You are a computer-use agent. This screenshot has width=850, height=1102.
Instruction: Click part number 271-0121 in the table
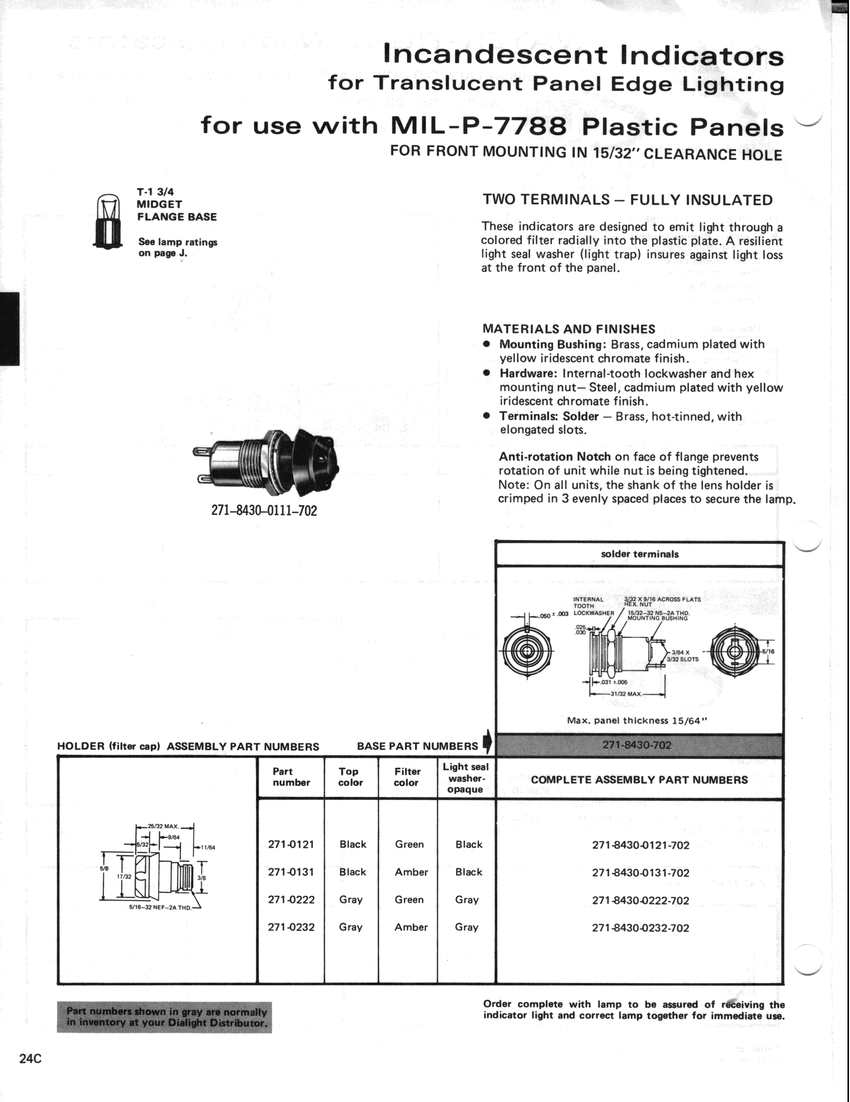pyautogui.click(x=291, y=845)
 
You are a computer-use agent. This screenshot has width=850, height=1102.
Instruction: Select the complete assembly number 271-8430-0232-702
pyautogui.click(x=641, y=928)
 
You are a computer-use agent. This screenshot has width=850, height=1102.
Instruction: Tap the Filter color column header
pyautogui.click(x=407, y=777)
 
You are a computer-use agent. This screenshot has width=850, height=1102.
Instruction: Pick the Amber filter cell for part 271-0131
pyautogui.click(x=411, y=872)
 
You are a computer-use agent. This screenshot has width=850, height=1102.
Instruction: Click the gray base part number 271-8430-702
pyautogui.click(x=640, y=745)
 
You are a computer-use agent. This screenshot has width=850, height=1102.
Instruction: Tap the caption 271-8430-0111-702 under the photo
pyautogui.click(x=264, y=511)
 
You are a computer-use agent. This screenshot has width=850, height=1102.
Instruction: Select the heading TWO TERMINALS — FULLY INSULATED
pyautogui.click(x=627, y=200)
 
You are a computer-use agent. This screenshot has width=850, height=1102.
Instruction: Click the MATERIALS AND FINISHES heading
pyautogui.click(x=569, y=329)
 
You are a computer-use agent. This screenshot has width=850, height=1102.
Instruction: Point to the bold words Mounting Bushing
pyautogui.click(x=553, y=345)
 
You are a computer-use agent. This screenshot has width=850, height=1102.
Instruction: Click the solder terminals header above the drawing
pyautogui.click(x=640, y=554)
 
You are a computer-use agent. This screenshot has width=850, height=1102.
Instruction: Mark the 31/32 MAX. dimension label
pyautogui.click(x=626, y=694)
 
